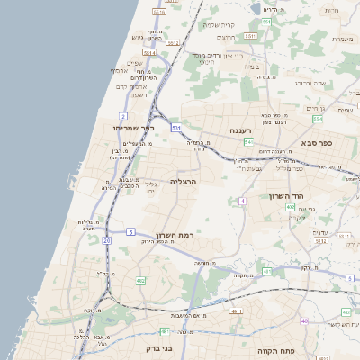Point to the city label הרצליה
[x=183, y=181]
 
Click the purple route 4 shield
[x=242, y=201]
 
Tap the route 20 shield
[x=107, y=241]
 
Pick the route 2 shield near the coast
[x=122, y=116]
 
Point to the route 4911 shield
[x=237, y=311]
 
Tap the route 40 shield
[x=305, y=320]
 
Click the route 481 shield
[x=163, y=330]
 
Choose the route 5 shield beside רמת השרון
[x=130, y=232]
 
